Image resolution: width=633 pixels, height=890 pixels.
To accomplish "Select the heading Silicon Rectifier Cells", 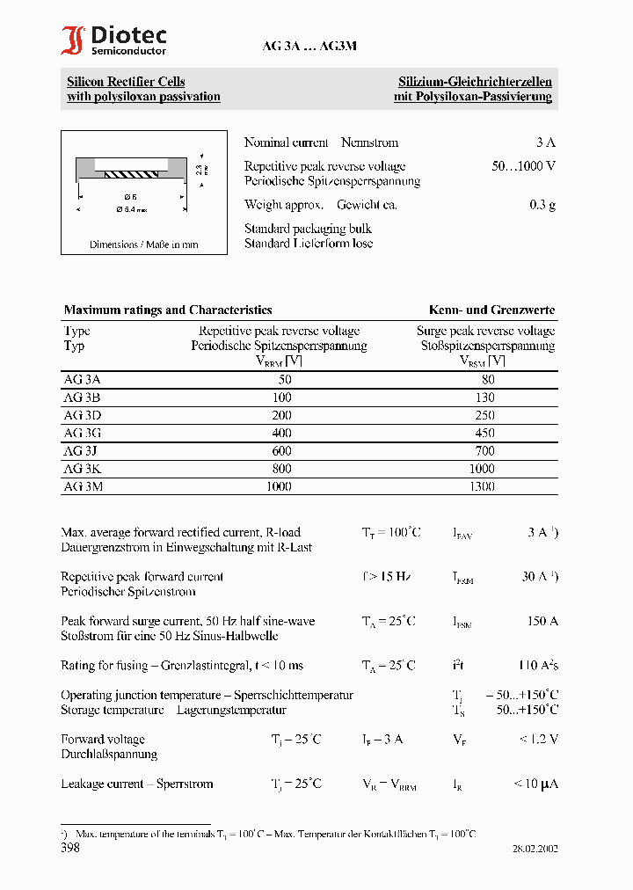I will coord(126,82).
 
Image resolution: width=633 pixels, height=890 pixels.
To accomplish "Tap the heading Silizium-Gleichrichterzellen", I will coord(475,82).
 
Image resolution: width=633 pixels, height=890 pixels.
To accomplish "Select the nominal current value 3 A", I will coord(545,142).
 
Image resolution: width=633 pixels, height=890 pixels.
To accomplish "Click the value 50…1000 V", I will coord(523,166).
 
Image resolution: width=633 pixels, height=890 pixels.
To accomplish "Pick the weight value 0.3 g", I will coord(542,205).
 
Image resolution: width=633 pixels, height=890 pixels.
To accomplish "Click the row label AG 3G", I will coord(83,433).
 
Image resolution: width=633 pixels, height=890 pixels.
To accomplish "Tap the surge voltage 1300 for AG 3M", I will coord(482,486).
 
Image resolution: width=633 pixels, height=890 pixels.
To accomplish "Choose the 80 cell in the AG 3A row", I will coord(488,380).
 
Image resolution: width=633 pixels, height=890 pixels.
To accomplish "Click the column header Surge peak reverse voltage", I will coord(485,332).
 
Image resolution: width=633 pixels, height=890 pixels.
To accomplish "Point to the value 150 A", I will coord(542,622).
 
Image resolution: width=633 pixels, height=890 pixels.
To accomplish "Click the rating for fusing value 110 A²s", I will coord(537,666).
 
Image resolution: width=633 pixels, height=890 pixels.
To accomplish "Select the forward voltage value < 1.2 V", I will coord(537,740).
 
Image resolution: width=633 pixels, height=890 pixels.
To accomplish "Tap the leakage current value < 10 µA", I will coord(535,784).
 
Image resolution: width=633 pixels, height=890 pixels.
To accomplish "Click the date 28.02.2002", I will coord(535,850).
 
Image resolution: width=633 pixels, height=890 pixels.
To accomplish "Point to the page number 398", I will coord(70,849).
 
